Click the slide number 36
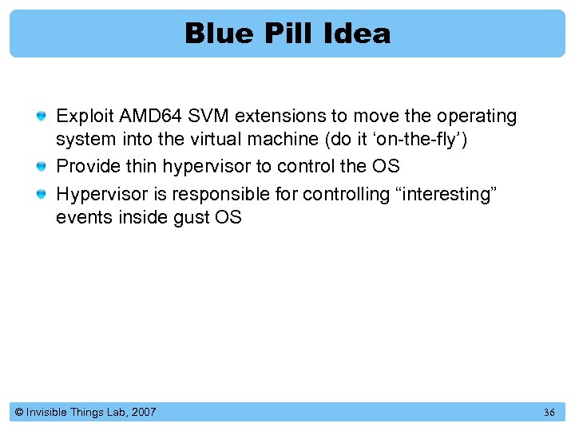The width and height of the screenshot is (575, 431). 549,413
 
